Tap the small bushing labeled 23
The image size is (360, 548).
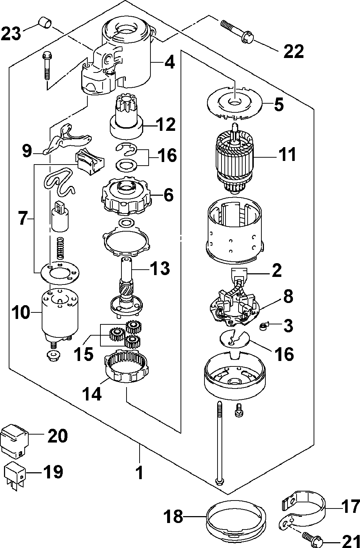click(45, 22)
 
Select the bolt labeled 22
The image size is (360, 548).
click(237, 32)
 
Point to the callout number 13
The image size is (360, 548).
click(160, 268)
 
